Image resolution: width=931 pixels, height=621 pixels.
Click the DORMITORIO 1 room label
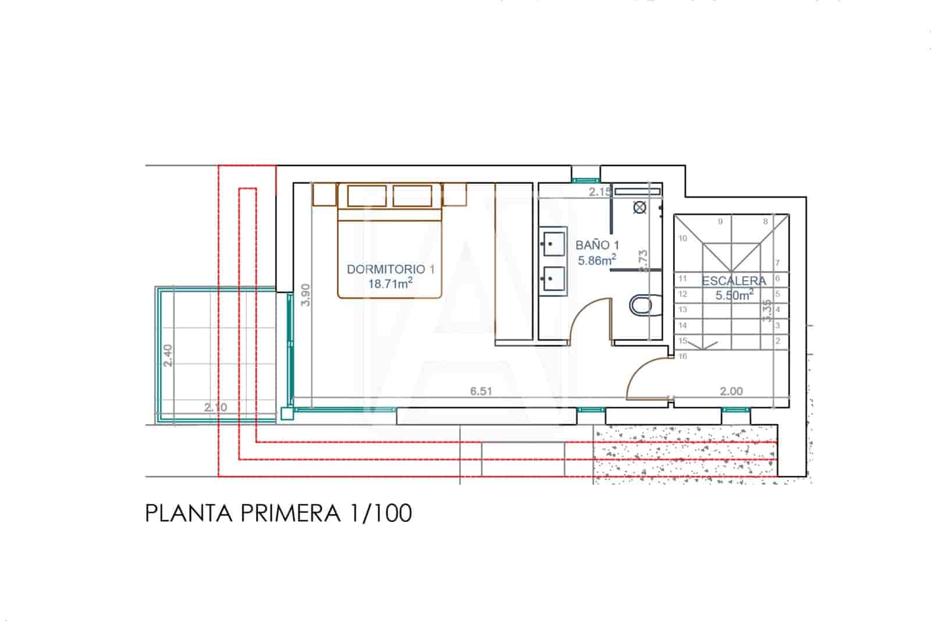pyautogui.click(x=390, y=269)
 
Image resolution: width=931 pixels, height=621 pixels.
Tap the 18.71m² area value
pyautogui.click(x=390, y=284)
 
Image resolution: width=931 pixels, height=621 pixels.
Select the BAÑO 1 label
pyautogui.click(x=597, y=245)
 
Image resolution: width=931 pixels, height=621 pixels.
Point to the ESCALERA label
pyautogui.click(x=734, y=281)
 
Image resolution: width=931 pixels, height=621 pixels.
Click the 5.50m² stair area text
pyautogui.click(x=734, y=295)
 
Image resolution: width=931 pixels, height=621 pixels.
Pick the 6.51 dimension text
pyautogui.click(x=481, y=391)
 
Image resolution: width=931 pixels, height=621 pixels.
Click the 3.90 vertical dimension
pyautogui.click(x=306, y=294)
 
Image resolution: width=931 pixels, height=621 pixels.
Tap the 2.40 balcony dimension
pyautogui.click(x=168, y=355)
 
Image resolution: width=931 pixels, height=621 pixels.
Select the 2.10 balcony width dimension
pyautogui.click(x=216, y=407)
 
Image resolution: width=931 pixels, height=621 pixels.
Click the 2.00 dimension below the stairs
pyautogui.click(x=731, y=391)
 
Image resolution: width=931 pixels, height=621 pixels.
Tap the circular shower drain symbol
pyautogui.click(x=640, y=207)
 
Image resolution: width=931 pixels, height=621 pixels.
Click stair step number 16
pyautogui.click(x=683, y=356)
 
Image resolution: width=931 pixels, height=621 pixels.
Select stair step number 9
pyautogui.click(x=720, y=221)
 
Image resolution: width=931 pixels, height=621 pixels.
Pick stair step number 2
pyautogui.click(x=777, y=341)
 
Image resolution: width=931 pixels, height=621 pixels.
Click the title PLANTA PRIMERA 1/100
pyautogui.click(x=278, y=513)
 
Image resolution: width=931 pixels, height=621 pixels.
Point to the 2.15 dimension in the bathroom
pyautogui.click(x=600, y=192)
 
